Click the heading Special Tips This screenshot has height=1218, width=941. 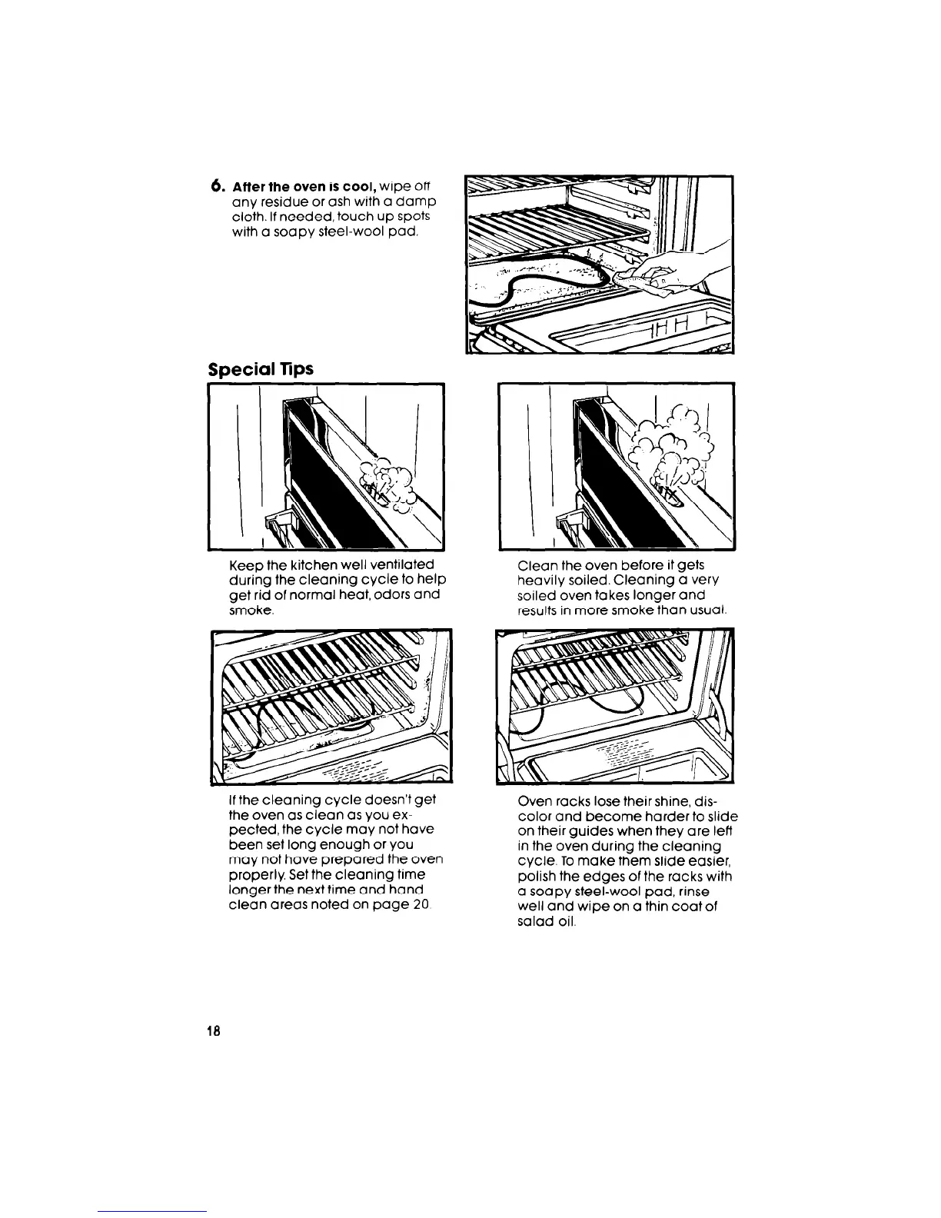tap(261, 369)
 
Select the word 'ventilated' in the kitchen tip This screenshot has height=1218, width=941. tap(404, 565)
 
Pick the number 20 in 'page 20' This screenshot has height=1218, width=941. tap(418, 906)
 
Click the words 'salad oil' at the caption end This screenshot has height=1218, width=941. tap(544, 922)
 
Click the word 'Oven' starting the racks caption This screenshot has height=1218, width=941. tap(534, 800)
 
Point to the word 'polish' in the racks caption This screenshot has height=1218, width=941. tap(536, 877)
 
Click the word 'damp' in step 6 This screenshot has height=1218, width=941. tap(420, 201)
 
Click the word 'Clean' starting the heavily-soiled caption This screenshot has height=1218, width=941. tap(536, 565)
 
